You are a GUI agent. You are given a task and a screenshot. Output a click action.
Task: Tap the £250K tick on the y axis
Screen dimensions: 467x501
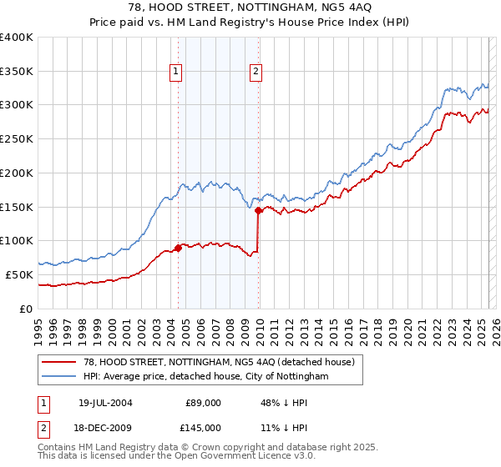click(17, 138)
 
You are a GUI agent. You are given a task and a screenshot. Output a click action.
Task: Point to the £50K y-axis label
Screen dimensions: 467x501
click(19, 274)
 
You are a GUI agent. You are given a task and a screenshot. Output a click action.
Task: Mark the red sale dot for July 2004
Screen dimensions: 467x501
click(179, 248)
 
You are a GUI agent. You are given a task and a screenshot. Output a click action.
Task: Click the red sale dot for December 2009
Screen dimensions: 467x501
click(258, 210)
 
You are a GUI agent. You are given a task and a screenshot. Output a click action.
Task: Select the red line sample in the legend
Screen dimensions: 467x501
click(60, 363)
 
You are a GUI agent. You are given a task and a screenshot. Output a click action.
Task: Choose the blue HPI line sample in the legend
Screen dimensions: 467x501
click(60, 377)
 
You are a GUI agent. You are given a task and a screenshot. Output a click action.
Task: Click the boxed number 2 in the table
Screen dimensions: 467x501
click(44, 428)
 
